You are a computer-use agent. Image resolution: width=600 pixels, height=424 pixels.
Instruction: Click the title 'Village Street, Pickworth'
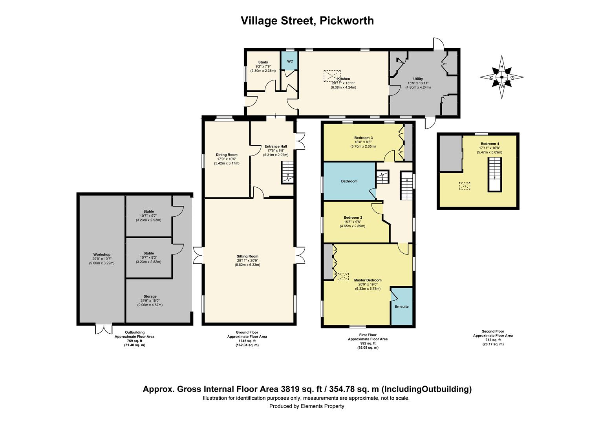tap(307, 20)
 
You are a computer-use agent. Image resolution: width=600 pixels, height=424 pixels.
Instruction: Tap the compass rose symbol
tap(502, 77)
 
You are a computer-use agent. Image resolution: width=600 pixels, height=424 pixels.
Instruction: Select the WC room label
tap(290, 62)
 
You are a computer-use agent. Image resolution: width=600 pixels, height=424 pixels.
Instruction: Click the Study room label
tap(263, 62)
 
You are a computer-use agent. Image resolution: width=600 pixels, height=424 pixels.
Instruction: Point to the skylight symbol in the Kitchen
tap(332, 76)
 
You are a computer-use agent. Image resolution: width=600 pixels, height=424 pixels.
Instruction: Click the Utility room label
tap(418, 79)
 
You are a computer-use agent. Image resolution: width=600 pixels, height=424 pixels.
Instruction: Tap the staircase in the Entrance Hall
tap(287, 172)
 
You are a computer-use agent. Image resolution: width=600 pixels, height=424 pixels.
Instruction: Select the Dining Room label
tap(227, 155)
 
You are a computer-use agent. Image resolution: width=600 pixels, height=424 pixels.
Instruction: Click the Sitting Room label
tap(248, 256)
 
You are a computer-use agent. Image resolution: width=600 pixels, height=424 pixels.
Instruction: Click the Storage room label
tap(150, 296)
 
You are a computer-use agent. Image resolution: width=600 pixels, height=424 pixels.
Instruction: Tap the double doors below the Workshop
tap(104, 329)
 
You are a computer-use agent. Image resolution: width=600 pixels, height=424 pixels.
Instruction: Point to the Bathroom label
tap(349, 181)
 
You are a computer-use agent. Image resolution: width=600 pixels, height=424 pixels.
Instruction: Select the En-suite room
tap(402, 307)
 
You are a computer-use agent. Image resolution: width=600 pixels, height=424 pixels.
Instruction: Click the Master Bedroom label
tap(368, 280)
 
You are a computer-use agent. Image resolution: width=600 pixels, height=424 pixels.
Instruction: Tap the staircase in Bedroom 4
tap(495, 174)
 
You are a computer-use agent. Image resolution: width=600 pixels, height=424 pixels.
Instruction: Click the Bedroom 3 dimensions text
tap(363, 144)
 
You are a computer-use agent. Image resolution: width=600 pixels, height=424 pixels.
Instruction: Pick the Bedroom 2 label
tap(353, 217)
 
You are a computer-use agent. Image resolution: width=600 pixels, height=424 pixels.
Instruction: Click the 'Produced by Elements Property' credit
tap(307, 406)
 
